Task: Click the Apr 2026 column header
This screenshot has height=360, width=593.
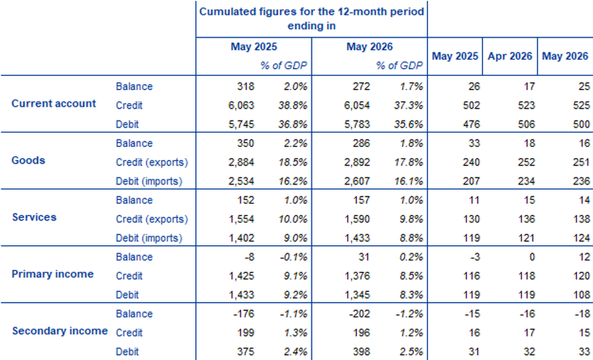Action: (x=510, y=56)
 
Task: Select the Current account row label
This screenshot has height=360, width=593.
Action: (x=54, y=104)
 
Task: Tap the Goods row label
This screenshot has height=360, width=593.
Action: (x=28, y=161)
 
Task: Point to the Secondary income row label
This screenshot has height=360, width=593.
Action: (x=60, y=331)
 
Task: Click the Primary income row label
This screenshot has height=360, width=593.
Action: (x=53, y=274)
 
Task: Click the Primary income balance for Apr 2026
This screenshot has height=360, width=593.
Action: (x=532, y=257)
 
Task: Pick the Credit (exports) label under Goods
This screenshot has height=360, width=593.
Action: (x=152, y=162)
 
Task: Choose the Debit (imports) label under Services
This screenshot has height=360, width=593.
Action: (x=149, y=238)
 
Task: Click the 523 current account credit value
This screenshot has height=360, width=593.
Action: (x=526, y=106)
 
